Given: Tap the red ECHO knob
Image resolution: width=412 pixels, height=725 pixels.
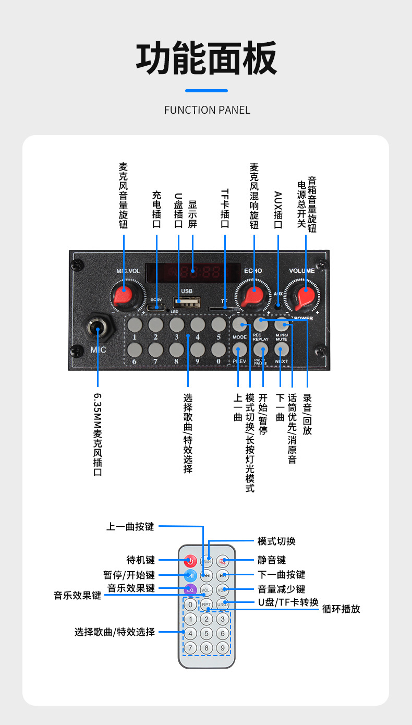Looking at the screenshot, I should (254, 296).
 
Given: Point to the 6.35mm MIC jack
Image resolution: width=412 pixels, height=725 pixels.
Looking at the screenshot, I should (98, 327).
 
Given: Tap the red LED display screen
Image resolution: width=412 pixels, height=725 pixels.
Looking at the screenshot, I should (192, 271).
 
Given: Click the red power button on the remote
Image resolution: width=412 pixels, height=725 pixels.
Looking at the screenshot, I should (190, 561).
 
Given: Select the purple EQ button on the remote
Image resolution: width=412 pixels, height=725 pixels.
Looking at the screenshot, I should (190, 590).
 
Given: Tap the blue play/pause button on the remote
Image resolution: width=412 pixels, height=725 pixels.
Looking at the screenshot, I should (190, 576).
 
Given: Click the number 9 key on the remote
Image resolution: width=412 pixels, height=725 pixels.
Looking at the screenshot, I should (223, 648).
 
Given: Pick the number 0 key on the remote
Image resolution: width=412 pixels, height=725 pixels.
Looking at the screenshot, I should (190, 605).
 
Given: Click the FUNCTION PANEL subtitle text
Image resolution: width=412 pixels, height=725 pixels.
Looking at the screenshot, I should (207, 110).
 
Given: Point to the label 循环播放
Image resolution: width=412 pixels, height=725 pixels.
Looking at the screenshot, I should (341, 609).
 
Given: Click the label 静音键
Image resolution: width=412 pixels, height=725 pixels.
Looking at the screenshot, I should (272, 560).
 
